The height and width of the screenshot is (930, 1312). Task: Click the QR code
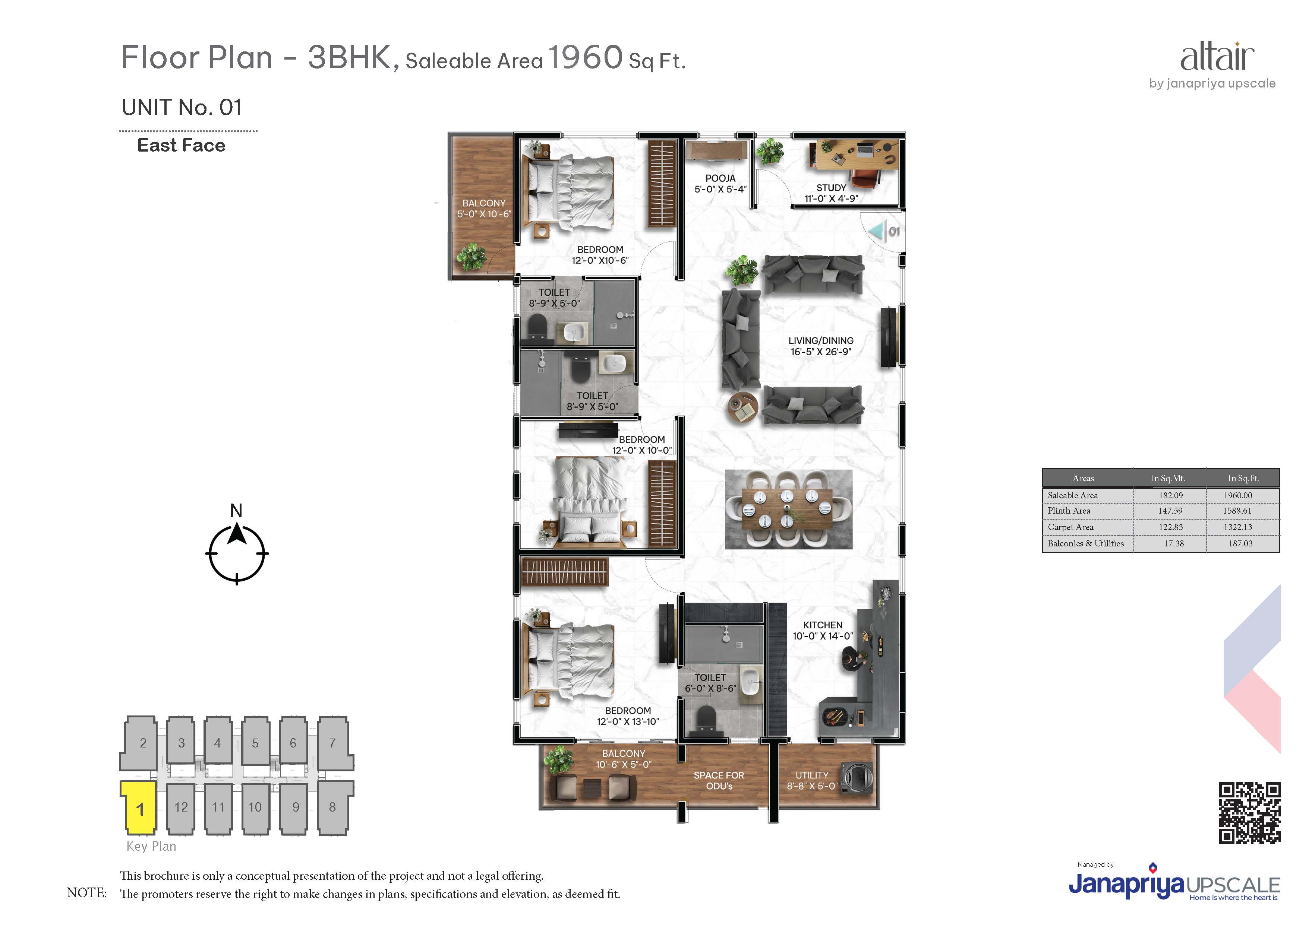1249,813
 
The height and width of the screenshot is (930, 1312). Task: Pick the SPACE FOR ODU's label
719,781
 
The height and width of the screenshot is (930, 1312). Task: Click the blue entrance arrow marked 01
877,231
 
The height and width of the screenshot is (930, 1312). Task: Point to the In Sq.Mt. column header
1168,478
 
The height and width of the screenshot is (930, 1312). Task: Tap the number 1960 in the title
585,57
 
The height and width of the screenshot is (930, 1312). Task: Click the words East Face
181,146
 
